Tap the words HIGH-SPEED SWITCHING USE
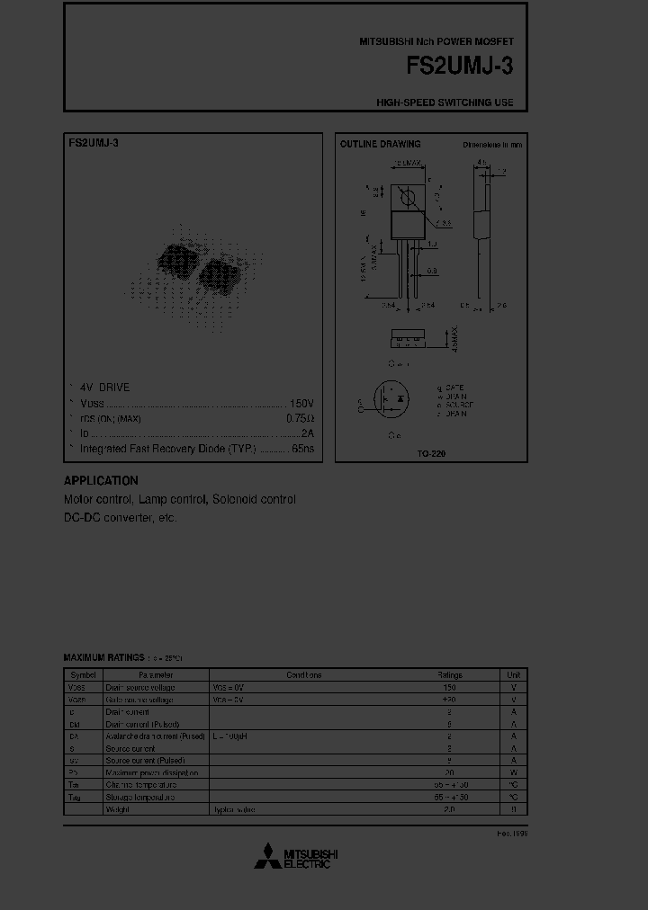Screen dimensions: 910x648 [x=445, y=103]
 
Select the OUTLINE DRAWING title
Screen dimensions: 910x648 [x=380, y=144]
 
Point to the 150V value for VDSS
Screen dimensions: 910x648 [x=301, y=403]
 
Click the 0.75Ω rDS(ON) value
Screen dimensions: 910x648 [x=300, y=418]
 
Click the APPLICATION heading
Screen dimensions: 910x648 [x=101, y=481]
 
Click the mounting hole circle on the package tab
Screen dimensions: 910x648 [x=408, y=197]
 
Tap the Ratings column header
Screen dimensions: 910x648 [x=449, y=674]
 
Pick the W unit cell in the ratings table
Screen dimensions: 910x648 [x=513, y=772]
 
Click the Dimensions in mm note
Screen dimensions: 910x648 [x=492, y=144]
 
